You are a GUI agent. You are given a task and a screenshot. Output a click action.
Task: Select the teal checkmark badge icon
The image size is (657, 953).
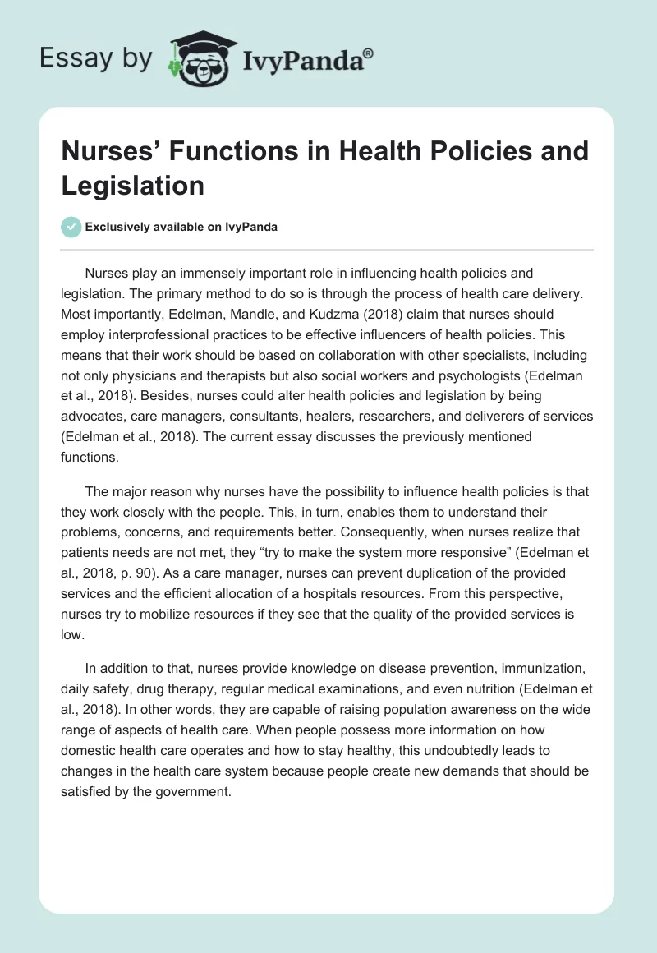(x=71, y=227)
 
